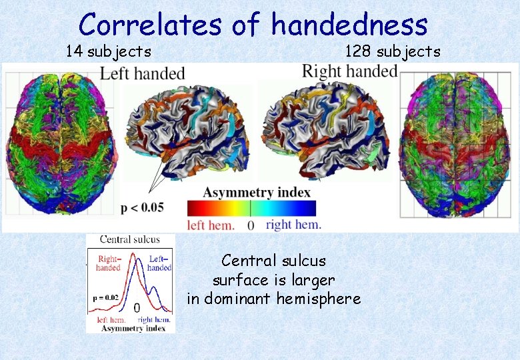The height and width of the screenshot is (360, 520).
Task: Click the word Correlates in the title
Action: click(151, 25)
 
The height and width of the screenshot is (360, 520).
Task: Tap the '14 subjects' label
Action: click(108, 51)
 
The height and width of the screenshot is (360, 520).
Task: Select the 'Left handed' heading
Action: click(142, 73)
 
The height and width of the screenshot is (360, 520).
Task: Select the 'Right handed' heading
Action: click(349, 71)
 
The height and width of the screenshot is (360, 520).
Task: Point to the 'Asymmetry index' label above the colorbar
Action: click(257, 193)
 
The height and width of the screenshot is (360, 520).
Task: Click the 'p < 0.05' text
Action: click(142, 207)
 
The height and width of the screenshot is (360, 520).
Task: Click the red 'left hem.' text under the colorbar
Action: click(211, 225)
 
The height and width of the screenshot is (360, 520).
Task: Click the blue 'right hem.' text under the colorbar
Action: click(293, 225)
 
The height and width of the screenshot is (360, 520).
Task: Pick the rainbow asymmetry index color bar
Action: click(251, 207)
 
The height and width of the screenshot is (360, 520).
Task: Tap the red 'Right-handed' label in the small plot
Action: click(109, 263)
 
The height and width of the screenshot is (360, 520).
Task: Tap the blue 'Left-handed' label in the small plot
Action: click(159, 263)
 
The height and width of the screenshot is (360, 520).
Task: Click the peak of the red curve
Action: click(133, 254)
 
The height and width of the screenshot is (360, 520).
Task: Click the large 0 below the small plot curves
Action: click(136, 308)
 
